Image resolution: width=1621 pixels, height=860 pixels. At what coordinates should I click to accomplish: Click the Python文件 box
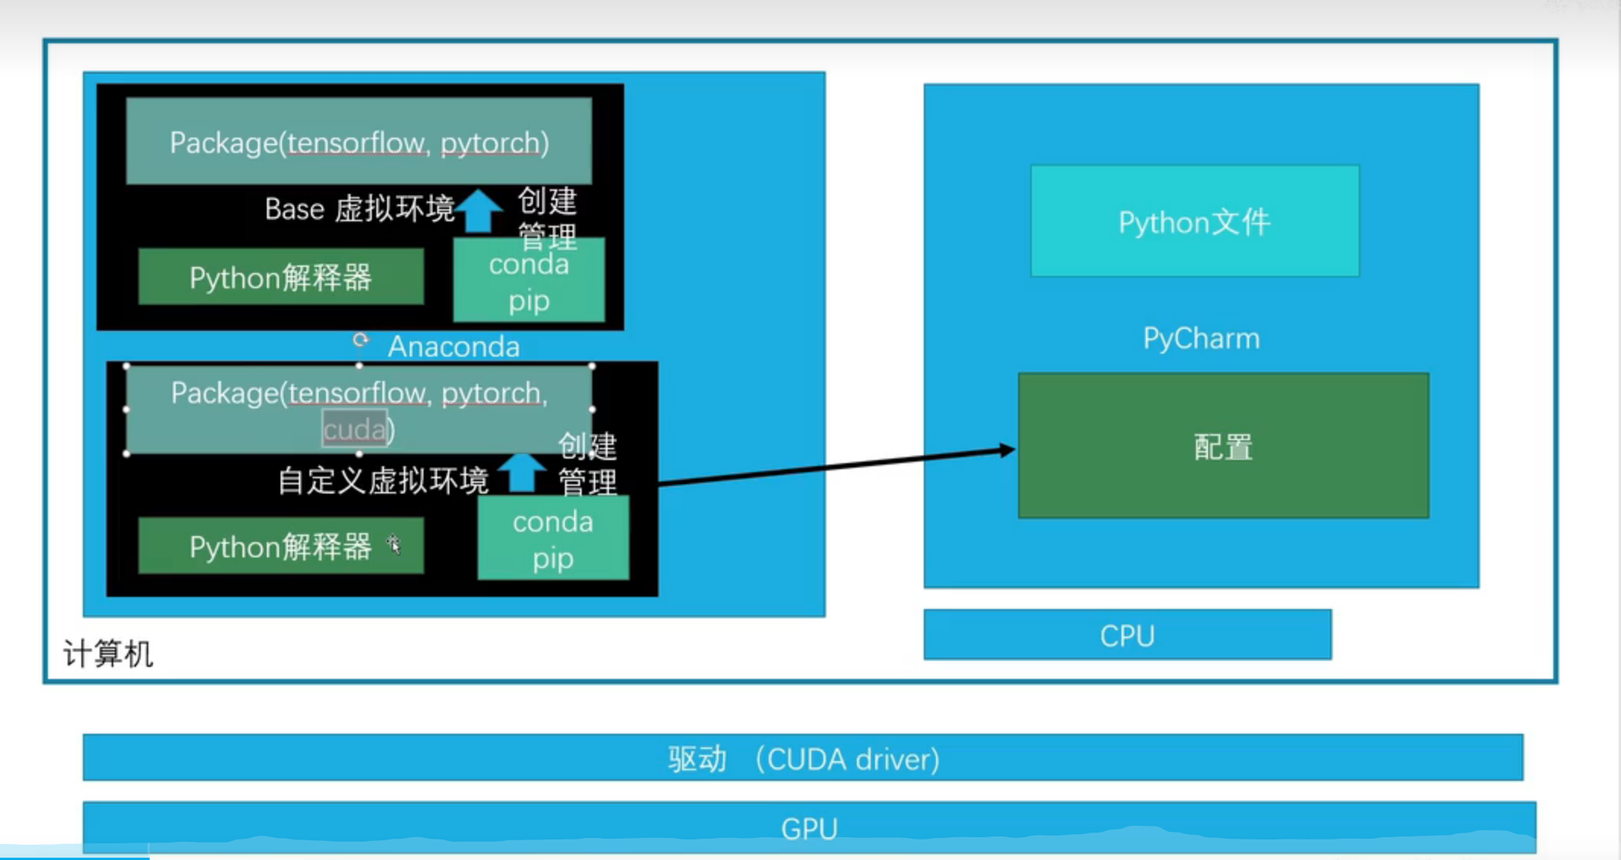[x=1194, y=221]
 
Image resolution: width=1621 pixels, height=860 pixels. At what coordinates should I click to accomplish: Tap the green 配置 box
[x=1223, y=446]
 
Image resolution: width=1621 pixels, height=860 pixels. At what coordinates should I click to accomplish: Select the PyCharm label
[x=1201, y=338]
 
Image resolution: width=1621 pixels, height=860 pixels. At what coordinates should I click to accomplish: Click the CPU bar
[x=1127, y=635]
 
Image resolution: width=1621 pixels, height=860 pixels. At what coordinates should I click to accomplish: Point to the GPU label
[x=809, y=828]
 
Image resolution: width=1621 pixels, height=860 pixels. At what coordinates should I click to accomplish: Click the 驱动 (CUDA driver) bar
[x=803, y=758]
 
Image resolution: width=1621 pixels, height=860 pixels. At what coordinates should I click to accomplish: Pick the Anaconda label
[x=454, y=347]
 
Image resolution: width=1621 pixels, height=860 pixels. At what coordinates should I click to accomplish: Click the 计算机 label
[x=108, y=653]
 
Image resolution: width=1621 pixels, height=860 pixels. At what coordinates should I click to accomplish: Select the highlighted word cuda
[x=354, y=430]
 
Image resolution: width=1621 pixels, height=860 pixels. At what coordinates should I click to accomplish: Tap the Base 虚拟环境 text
[x=359, y=208]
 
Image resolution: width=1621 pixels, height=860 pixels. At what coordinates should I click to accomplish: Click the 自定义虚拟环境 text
[x=382, y=481]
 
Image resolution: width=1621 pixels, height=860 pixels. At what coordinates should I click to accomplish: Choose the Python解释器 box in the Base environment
[x=281, y=278]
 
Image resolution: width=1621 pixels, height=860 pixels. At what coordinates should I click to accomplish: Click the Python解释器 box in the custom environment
[x=281, y=546]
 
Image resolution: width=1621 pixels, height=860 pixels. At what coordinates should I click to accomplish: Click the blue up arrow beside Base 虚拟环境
[x=479, y=210]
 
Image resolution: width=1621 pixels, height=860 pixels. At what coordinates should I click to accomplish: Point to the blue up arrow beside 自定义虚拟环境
[x=522, y=471]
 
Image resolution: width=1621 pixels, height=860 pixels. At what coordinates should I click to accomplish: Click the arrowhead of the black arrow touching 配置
[x=1007, y=450]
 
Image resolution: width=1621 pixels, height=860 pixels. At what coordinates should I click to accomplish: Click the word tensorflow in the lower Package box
[x=357, y=392]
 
